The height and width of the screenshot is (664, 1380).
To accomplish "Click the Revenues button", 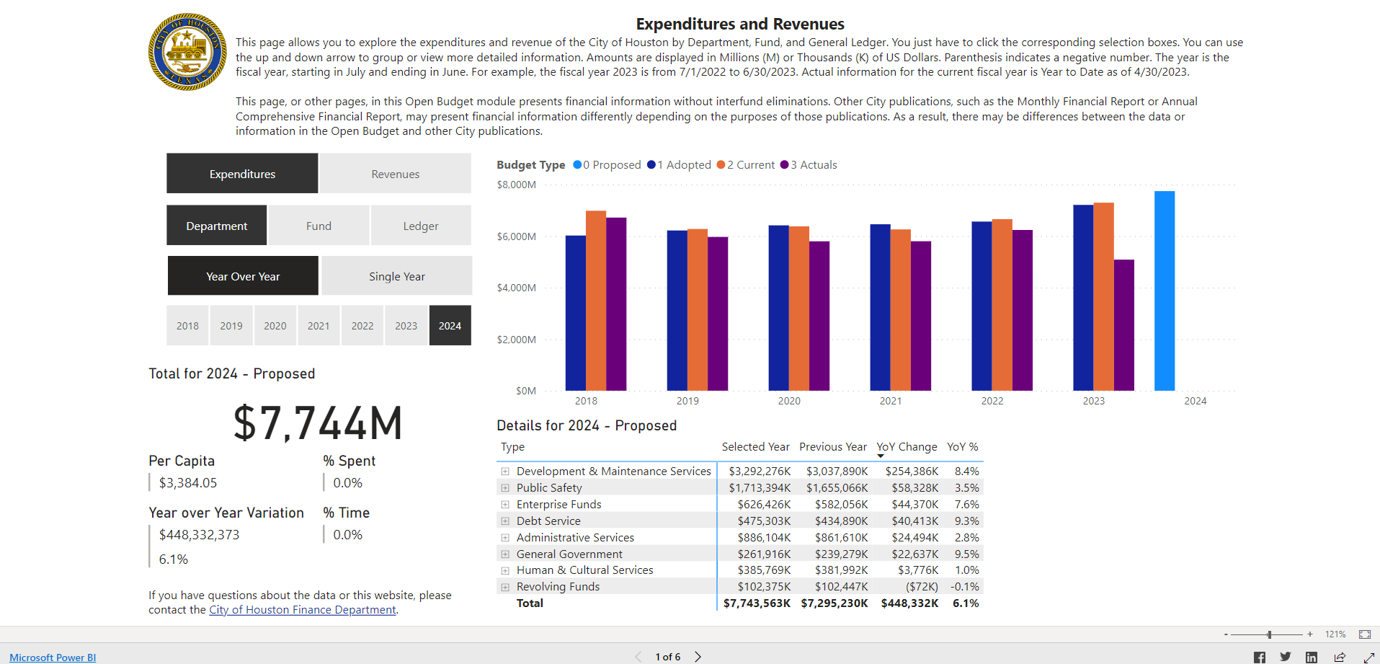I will coord(395,174).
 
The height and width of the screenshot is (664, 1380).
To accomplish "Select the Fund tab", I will coord(319,226).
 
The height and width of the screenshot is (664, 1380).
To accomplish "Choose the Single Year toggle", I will coord(396,276).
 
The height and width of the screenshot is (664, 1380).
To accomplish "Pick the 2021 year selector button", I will coord(319,326).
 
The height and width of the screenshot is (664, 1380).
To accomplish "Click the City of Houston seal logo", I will coord(187,52).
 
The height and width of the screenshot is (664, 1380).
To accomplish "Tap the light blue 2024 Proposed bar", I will coord(1164,291).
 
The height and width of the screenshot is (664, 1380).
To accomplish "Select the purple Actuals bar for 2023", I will coord(1123,324).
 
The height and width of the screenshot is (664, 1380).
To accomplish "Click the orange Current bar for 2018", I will coord(596,300).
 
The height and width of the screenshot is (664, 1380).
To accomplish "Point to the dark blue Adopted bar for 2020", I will coord(778,308).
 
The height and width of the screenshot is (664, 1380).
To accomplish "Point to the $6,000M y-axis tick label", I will coord(516,236).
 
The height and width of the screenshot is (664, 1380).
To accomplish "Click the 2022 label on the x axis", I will coord(992,401).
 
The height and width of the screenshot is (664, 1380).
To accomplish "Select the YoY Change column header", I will coord(907,447).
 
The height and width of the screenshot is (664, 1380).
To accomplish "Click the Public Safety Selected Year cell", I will coord(759,488).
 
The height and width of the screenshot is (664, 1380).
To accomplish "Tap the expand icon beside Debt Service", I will coord(505,521).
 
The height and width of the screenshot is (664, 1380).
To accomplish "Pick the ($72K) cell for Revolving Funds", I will coord(922,587).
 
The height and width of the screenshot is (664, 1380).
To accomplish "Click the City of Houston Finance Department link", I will coord(303,610).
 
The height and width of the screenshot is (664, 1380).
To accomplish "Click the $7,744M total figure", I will coord(318,423).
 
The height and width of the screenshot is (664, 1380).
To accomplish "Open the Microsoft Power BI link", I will coord(52,658).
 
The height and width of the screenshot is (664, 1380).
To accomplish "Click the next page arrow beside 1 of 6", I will coord(698,657).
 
